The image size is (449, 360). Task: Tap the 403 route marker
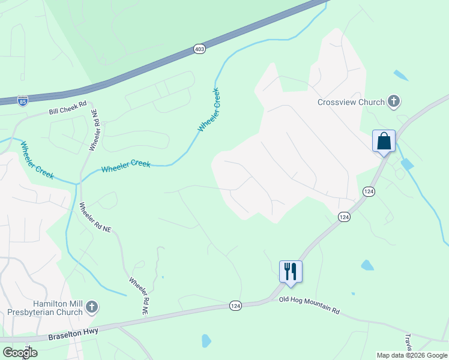[200, 49]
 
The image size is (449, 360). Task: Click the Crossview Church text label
[351, 102]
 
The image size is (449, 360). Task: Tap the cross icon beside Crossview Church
[394, 101]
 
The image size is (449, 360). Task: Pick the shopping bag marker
[384, 142]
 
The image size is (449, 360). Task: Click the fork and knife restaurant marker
[291, 271]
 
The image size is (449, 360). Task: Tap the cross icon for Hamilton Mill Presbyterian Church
[91, 308]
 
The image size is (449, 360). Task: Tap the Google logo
[20, 353]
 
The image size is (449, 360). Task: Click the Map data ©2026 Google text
[412, 355]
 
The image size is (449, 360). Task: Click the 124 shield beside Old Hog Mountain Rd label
[236, 306]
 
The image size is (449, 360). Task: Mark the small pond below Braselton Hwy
[206, 341]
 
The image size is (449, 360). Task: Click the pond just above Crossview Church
[401, 76]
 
